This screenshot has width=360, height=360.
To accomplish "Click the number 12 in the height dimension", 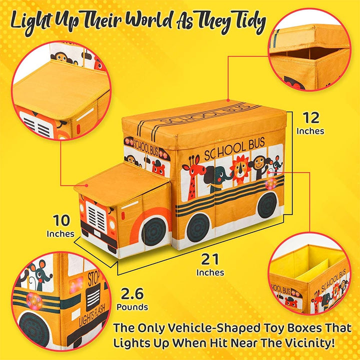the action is click(x=311, y=118).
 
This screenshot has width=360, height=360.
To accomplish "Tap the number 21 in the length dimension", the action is click(x=210, y=259).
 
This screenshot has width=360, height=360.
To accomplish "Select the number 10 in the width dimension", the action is click(x=61, y=220).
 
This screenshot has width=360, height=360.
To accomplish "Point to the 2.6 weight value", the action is click(x=132, y=293).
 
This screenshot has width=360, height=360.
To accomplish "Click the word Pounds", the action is click(x=132, y=307).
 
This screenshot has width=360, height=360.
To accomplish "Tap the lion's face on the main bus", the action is click(x=240, y=169).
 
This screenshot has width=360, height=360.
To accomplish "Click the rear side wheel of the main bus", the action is click(x=267, y=205).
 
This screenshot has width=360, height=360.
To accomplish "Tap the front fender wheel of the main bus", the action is click(x=154, y=230).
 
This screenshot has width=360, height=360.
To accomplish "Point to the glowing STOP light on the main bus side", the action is click(x=271, y=183).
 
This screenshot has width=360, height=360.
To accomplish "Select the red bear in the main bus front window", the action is click(x=158, y=169).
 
